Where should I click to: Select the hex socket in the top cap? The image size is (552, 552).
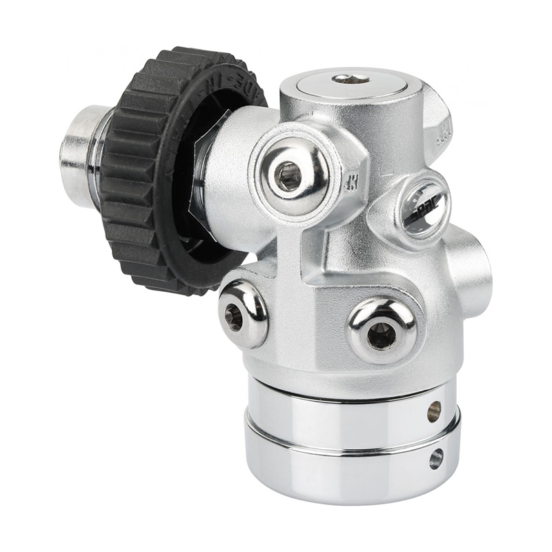(351, 79)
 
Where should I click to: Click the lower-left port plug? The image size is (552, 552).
(242, 313)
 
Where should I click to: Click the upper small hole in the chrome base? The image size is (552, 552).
(434, 412)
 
